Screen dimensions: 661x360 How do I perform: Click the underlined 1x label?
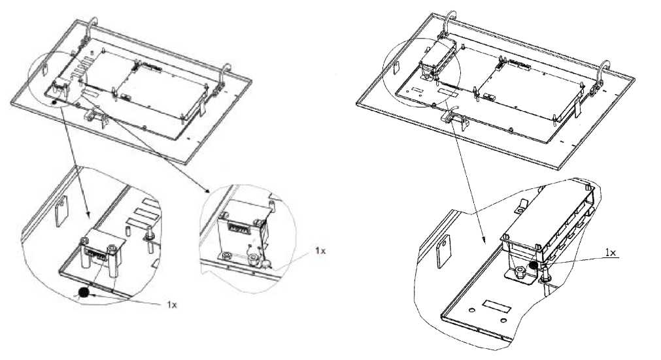click(611, 253)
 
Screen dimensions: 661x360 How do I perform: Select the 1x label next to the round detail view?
click(320, 250)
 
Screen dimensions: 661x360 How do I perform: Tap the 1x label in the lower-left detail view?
click(171, 304)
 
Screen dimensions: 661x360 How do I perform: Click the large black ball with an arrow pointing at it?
click(84, 293)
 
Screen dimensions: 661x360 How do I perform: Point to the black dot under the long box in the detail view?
click(534, 265)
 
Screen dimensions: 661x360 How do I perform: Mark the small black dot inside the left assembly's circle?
click(54, 103)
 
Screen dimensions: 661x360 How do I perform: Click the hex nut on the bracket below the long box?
click(519, 272)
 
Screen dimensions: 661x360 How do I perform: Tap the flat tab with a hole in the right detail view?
click(444, 251)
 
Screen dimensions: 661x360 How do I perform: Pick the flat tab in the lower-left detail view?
click(61, 212)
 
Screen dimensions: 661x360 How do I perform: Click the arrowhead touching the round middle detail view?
click(207, 191)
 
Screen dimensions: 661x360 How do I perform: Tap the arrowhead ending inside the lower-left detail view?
click(88, 215)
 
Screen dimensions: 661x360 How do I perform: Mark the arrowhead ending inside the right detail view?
click(484, 240)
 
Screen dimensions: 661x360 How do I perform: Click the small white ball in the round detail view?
click(265, 265)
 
